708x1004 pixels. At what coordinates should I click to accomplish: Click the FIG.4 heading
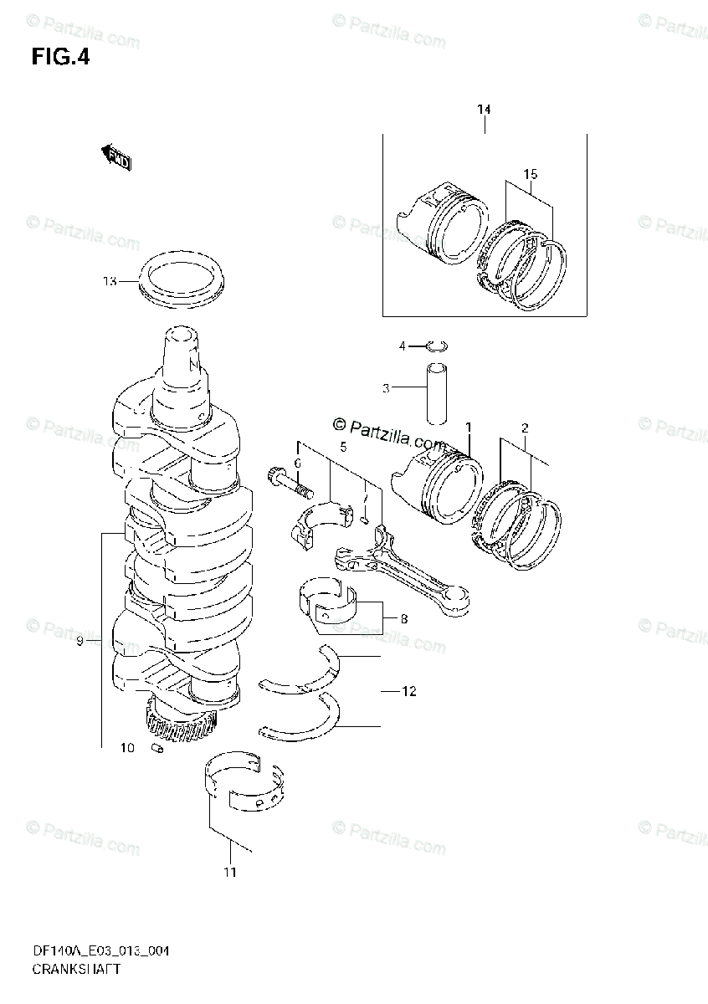(x=60, y=58)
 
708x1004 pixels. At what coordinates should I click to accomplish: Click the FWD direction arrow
(x=116, y=157)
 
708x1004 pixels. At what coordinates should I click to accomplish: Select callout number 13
(x=110, y=281)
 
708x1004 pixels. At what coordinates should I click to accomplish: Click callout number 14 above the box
(x=485, y=110)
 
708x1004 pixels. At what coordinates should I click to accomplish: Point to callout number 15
(x=530, y=174)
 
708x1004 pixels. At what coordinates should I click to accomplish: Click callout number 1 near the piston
(x=469, y=428)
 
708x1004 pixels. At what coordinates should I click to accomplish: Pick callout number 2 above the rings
(x=525, y=428)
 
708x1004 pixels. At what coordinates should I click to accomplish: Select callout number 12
(x=408, y=691)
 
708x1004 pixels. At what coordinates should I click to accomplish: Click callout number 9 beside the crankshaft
(x=80, y=641)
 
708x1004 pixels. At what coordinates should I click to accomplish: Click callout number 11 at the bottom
(x=230, y=872)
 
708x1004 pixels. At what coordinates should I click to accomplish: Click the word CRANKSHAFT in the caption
(x=77, y=970)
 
